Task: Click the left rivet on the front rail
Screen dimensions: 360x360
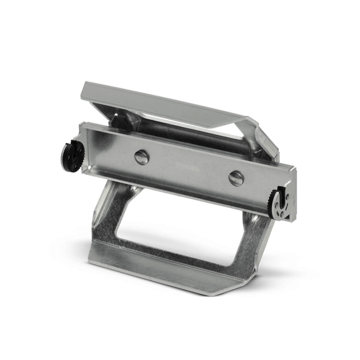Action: point(142,157)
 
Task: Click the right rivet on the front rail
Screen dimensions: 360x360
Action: point(236,178)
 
